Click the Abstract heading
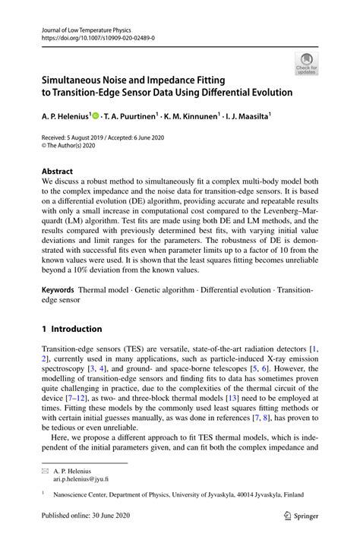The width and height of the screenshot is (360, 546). (x=57, y=172)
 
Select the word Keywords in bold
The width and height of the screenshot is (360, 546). (x=57, y=291)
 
